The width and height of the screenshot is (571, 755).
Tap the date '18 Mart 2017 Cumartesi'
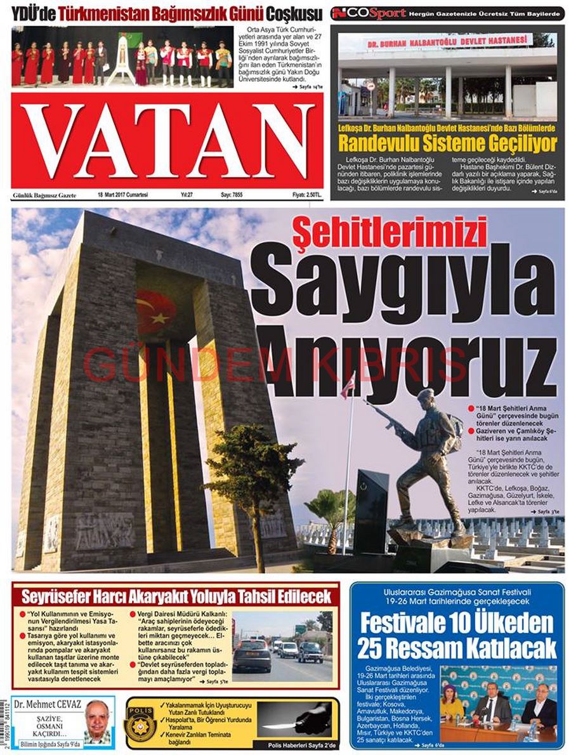pyautogui.click(x=122, y=195)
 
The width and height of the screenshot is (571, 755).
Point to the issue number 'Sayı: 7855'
pyautogui.click(x=232, y=195)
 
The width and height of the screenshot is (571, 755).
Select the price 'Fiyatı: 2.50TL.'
pyautogui.click(x=307, y=195)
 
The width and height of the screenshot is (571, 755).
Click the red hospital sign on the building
pyautogui.click(x=448, y=42)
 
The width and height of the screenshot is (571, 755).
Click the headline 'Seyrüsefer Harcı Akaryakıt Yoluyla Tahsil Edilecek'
pyautogui.click(x=176, y=596)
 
